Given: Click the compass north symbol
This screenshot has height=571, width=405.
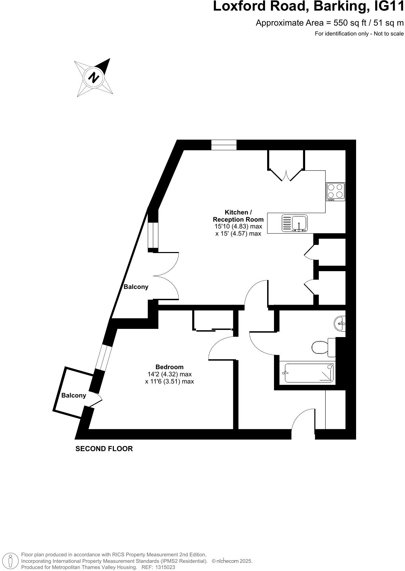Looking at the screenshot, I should click(x=94, y=77).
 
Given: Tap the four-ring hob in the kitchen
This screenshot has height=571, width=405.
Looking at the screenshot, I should click(x=335, y=191).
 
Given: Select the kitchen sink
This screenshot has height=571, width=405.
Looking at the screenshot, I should click(x=295, y=223).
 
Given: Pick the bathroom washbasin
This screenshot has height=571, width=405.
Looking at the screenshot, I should click(x=340, y=323).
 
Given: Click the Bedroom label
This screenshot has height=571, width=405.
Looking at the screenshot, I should click(x=169, y=367).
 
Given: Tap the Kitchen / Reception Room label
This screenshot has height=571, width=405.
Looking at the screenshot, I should click(x=238, y=216).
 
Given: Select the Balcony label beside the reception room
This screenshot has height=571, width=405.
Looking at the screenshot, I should click(x=136, y=287).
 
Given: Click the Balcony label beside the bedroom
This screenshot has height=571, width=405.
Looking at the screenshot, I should click(x=74, y=395).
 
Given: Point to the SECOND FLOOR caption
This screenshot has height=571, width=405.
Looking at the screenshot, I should click(x=104, y=449).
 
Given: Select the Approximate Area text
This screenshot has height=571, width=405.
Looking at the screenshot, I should click(x=329, y=23).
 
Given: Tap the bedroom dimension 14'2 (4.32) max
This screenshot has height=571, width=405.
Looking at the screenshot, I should click(x=169, y=374).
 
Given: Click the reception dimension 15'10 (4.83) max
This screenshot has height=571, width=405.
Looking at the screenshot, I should click(x=238, y=226).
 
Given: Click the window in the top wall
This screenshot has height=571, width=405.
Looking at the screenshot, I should click(x=224, y=145).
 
